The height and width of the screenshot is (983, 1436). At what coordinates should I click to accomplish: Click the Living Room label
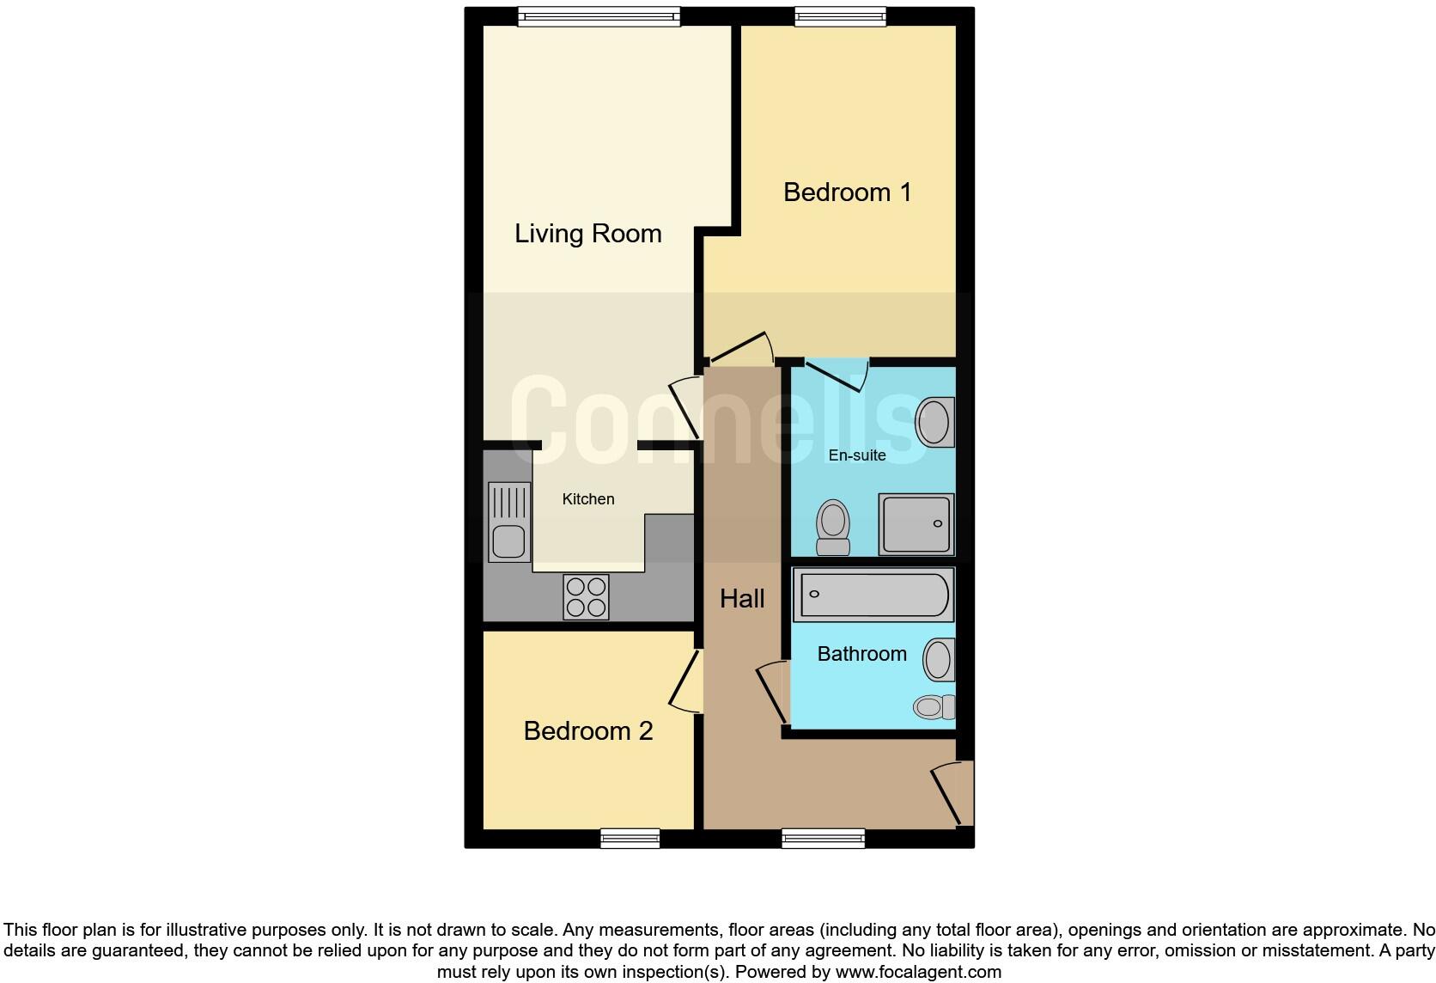click(587, 234)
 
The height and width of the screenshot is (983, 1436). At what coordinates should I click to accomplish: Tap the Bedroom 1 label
click(847, 192)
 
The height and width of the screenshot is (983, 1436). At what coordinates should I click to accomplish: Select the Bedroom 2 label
click(588, 731)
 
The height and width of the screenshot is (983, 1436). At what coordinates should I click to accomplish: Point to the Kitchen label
click(588, 499)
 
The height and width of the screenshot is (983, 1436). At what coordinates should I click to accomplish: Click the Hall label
click(742, 599)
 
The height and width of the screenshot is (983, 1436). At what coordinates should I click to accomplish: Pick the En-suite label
click(857, 455)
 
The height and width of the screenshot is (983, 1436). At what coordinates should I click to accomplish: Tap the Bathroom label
click(861, 654)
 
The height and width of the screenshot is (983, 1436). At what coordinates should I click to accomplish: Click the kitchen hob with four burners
click(587, 597)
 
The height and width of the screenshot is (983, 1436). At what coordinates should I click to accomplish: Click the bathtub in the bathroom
click(873, 594)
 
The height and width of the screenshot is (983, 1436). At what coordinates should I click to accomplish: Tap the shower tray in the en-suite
click(916, 524)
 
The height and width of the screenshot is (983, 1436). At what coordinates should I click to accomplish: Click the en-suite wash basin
click(934, 422)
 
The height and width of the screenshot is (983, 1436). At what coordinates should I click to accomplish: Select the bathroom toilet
click(934, 707)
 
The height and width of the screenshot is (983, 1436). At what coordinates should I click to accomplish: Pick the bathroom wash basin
click(939, 661)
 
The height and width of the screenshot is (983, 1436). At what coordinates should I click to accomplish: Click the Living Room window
click(599, 16)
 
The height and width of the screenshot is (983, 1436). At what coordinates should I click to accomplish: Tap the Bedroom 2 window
click(630, 838)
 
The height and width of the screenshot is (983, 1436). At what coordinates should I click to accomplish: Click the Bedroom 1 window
click(840, 16)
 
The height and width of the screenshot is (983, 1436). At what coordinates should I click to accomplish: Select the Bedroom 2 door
click(688, 681)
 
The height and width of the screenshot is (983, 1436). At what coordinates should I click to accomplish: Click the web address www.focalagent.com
click(918, 973)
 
